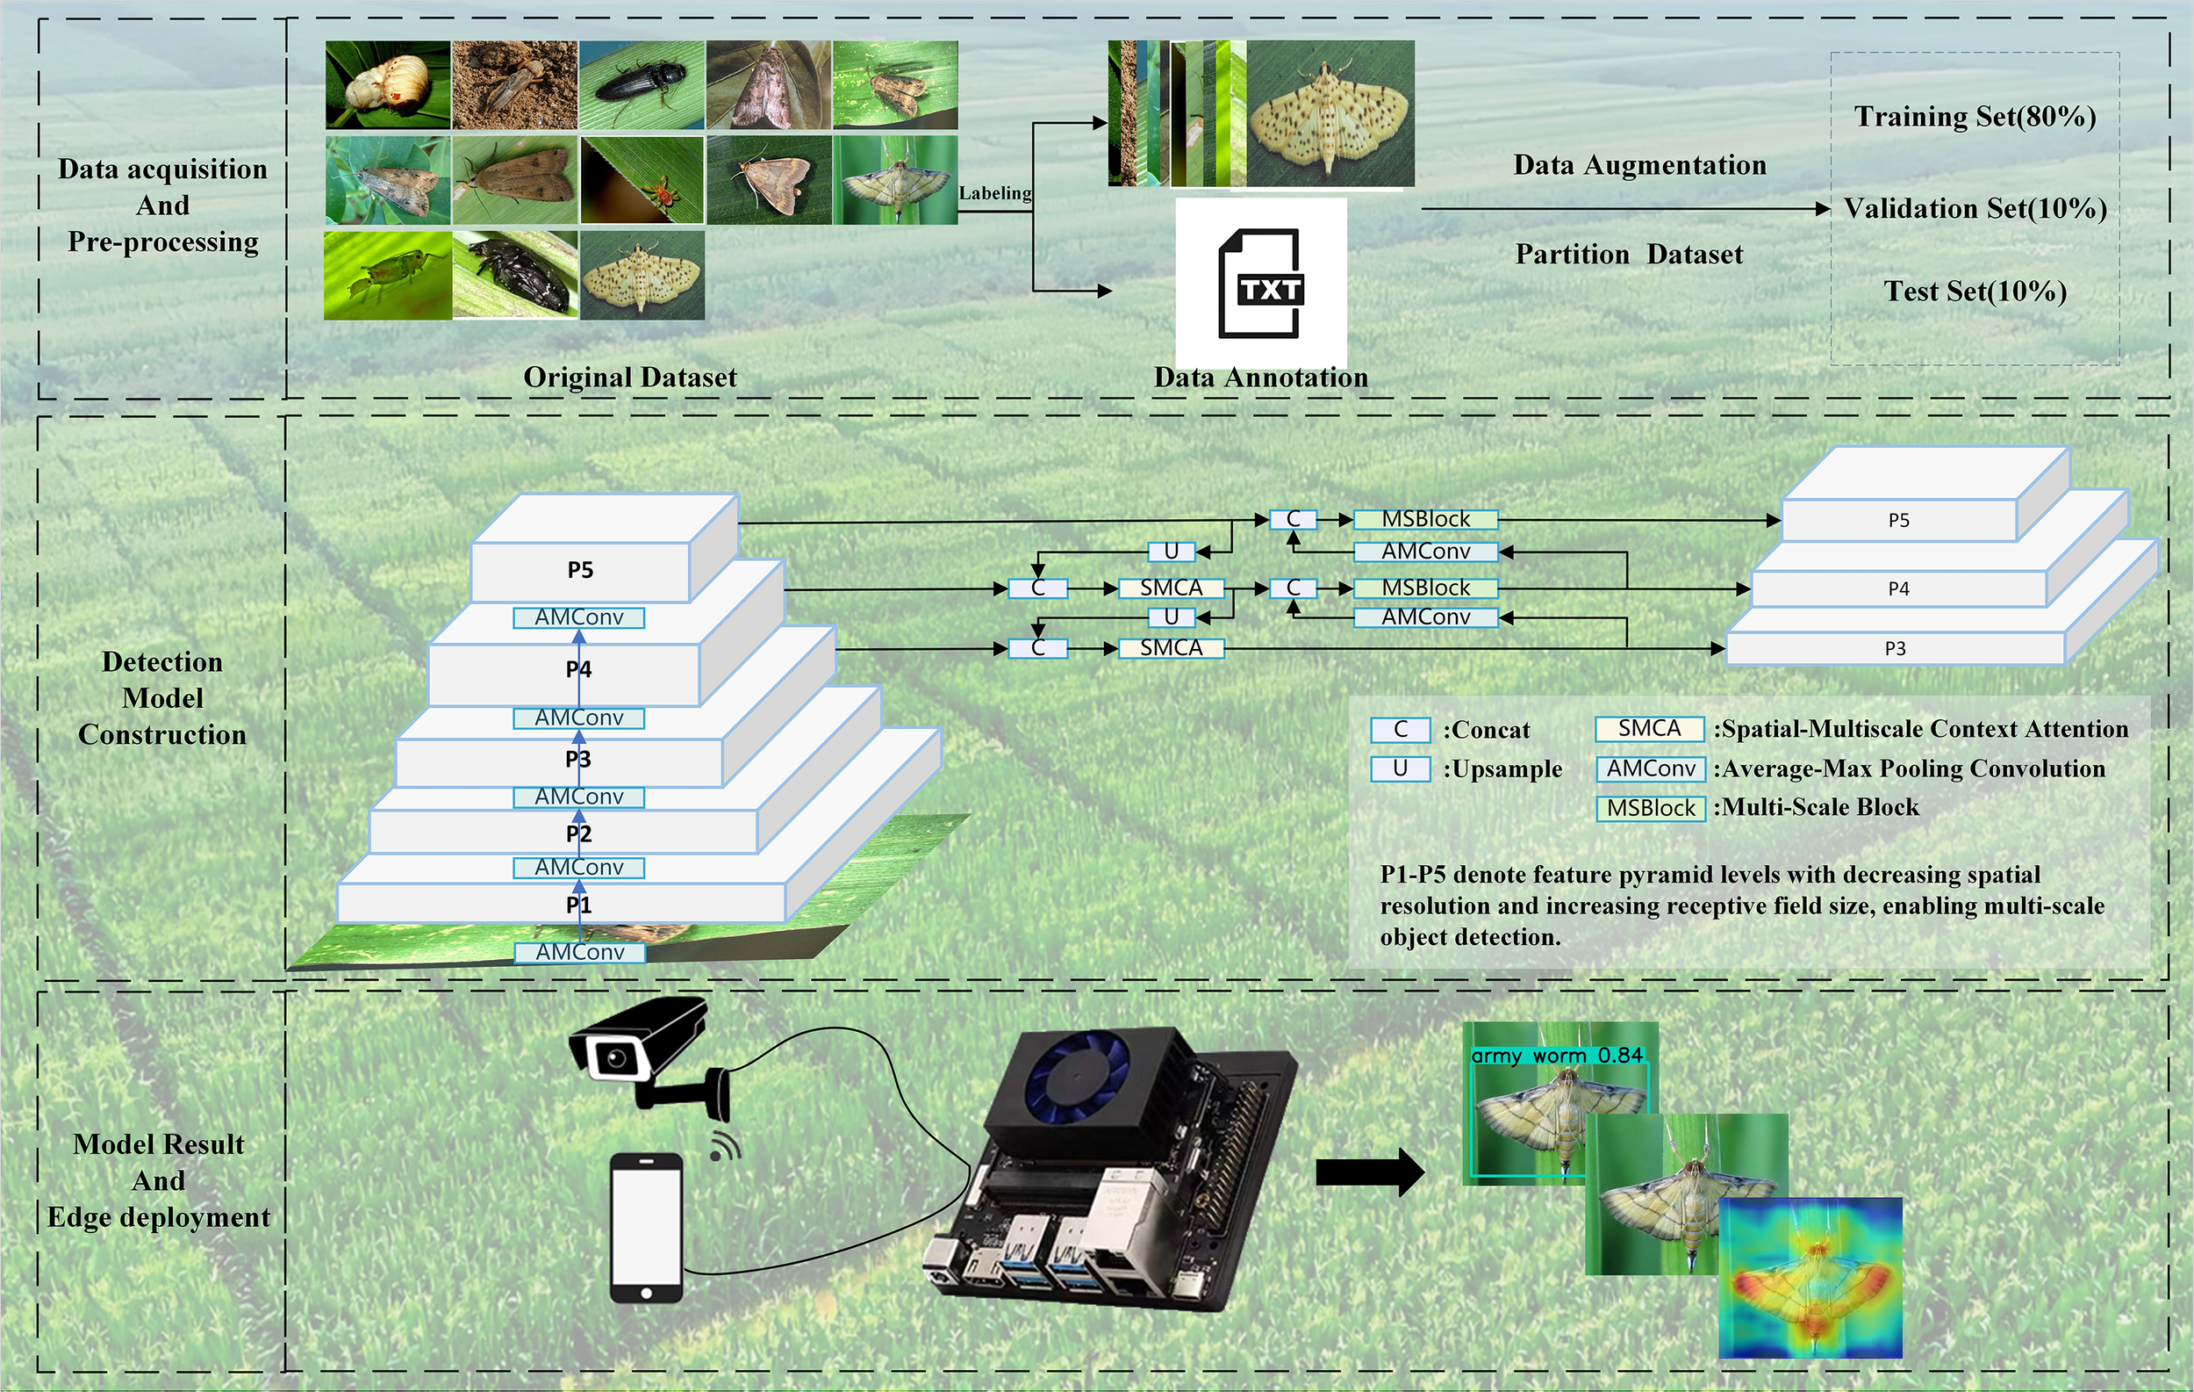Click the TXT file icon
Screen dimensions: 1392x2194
[x=1261, y=284]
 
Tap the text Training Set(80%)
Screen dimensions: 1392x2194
[x=1975, y=117]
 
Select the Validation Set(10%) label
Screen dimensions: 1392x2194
[x=1975, y=209]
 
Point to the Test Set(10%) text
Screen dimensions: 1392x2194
[x=1975, y=292]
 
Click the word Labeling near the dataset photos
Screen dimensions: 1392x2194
[x=995, y=193]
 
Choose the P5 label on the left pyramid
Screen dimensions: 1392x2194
[x=580, y=571]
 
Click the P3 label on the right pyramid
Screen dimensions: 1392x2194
[x=1895, y=649]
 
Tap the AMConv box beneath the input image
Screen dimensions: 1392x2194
[x=580, y=953]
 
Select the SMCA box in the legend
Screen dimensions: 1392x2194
[x=1649, y=729]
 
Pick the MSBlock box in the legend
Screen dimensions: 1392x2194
[x=1650, y=809]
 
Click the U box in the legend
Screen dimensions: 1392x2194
[x=1401, y=769]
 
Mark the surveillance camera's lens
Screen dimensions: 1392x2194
[x=617, y=1057]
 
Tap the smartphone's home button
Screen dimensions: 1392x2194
[x=646, y=1293]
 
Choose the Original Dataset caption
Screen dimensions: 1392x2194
[x=629, y=378]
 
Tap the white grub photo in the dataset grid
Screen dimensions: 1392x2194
[x=387, y=85]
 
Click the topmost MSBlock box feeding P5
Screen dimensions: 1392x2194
[x=1425, y=520]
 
